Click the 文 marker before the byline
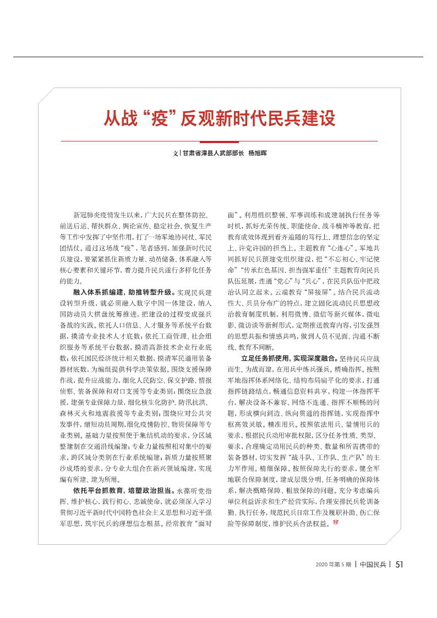(173, 154)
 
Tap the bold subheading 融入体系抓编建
(97, 292)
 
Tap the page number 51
(400, 564)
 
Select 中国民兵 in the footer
(373, 565)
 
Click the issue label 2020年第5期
(333, 565)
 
